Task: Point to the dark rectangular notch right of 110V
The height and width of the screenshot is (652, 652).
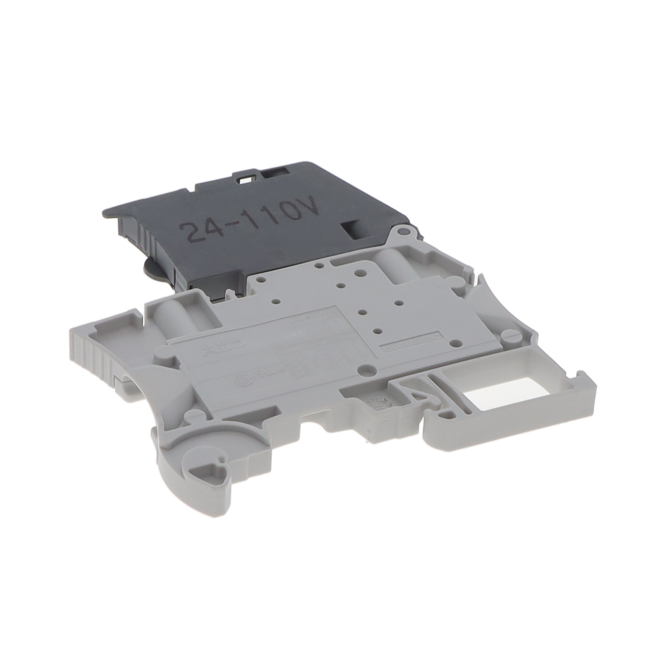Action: (351, 230)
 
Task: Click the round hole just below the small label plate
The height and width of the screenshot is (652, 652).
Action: (365, 368)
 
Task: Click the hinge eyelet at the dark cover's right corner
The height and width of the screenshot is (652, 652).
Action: (401, 233)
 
